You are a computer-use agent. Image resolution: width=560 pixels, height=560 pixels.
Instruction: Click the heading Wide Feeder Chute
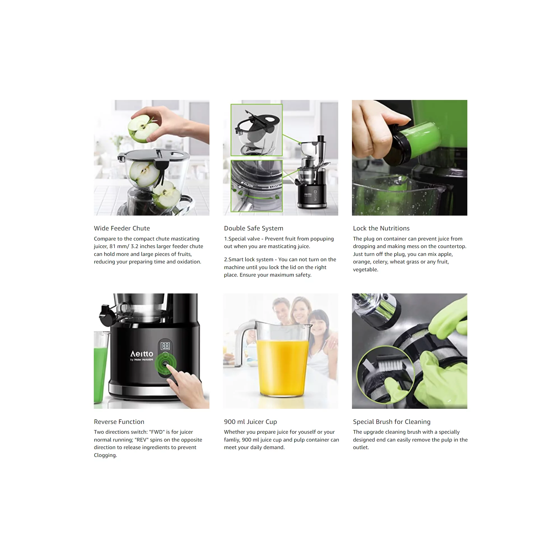[x=122, y=228]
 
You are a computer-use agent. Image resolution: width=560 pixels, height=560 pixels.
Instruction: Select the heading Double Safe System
[x=254, y=228]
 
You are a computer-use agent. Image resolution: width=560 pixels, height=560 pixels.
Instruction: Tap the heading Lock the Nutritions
[x=381, y=228]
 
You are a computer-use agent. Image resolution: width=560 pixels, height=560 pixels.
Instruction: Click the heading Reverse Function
[x=119, y=422]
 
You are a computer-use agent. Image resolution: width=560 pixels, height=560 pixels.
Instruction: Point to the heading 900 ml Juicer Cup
[x=250, y=422]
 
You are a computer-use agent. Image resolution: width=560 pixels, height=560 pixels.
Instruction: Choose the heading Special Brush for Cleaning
[x=392, y=422]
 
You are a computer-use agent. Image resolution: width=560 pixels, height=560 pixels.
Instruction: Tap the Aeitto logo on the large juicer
[x=142, y=354]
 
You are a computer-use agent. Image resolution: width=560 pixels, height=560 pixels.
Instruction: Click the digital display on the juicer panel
[x=165, y=346]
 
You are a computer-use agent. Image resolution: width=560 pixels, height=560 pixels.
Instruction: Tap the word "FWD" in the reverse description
[x=156, y=432]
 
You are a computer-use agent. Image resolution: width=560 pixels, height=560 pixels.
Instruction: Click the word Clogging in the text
[x=105, y=455]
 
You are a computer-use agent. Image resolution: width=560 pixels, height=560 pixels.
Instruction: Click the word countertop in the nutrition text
[x=452, y=246]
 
